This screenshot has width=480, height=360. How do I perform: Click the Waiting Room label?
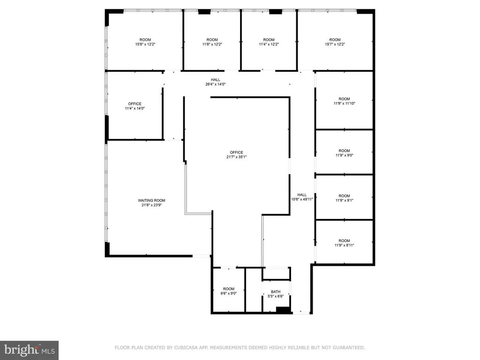coord(151,201)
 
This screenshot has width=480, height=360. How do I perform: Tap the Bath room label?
coord(276,292)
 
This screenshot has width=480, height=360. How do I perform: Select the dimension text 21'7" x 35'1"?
coord(236,157)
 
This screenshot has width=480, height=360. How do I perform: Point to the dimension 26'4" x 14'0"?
coord(215,84)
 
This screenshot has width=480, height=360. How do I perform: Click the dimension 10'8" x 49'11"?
coord(302,199)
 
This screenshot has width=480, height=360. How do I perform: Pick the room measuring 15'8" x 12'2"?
coord(145,42)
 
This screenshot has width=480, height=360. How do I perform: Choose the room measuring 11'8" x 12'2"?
coord(212,42)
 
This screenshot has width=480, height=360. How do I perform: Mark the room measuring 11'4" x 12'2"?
coord(269,42)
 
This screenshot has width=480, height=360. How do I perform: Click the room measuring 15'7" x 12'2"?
coord(335,42)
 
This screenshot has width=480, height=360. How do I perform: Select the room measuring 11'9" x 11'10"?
coord(344,101)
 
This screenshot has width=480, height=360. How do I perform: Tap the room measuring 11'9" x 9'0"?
coord(344,153)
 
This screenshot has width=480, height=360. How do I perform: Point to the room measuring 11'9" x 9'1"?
coord(344,198)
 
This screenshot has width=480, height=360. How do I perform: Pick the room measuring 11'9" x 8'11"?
coord(344,243)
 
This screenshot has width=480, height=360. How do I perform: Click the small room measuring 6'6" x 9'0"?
coord(228,291)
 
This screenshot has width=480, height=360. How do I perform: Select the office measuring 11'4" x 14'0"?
coord(135,106)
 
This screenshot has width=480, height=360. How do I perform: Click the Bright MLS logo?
coord(30,350)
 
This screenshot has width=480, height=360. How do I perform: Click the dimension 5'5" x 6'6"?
coord(276,296)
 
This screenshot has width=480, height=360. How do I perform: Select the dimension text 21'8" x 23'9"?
coord(151,205)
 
